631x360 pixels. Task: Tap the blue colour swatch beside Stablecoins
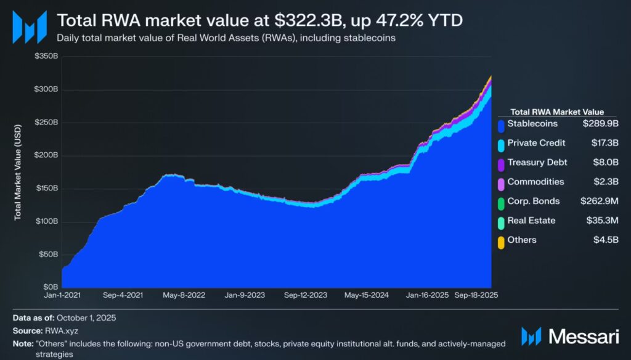501,125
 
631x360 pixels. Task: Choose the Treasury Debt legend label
537,163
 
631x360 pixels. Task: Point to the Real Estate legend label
531,220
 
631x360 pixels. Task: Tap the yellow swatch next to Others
501,240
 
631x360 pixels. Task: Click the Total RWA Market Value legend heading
557,112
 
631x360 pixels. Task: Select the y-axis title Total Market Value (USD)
18,172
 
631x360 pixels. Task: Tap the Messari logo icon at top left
29,27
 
